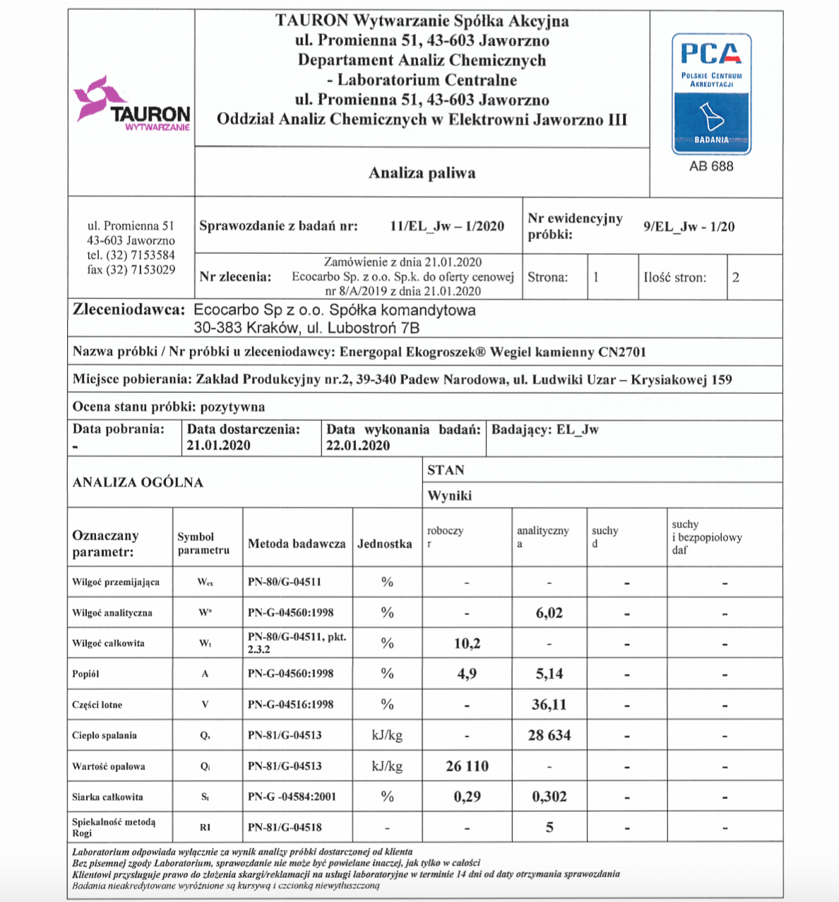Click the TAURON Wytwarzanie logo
132,105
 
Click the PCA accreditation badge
711,94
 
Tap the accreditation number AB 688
711,166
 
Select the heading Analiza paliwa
422,173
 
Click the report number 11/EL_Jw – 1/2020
447,226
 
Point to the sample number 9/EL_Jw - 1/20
689,226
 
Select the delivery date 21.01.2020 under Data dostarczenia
218,445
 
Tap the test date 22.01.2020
357,445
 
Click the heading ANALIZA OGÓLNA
138,482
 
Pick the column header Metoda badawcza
297,544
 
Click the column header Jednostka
385,544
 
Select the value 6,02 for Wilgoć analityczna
549,613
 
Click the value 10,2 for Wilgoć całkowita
467,643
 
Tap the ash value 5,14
549,674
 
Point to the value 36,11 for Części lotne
549,705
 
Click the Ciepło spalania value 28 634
549,735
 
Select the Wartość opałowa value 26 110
467,766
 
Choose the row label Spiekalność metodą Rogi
114,827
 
